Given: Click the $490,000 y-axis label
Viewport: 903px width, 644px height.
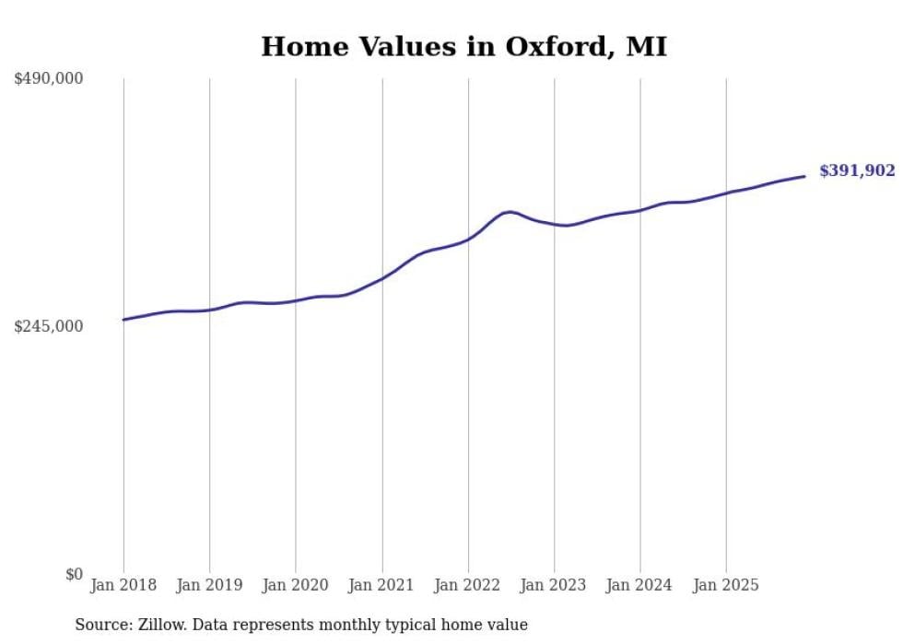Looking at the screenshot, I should click(48, 79).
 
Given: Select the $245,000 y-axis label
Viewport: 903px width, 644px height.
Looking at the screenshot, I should click(48, 326).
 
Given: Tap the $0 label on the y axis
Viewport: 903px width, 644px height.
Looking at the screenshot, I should click(74, 575).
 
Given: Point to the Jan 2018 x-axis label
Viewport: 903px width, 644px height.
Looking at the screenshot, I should click(123, 585).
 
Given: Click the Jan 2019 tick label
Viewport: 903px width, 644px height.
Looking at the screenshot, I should click(209, 585).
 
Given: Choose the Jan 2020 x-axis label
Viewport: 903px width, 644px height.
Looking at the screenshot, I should click(296, 585).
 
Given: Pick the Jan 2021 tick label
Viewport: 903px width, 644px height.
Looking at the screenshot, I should click(381, 585).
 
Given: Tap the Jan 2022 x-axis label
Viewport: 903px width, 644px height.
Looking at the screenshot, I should click(468, 585).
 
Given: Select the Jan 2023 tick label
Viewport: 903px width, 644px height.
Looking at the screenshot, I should click(554, 585).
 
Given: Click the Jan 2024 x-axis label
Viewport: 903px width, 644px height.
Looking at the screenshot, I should click(640, 585).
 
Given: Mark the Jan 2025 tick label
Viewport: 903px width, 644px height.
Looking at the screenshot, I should click(726, 585).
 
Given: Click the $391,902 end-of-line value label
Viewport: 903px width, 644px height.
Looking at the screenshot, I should click(857, 170).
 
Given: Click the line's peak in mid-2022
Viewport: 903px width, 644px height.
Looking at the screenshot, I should click(510, 212).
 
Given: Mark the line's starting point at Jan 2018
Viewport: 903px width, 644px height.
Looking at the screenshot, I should click(123, 320).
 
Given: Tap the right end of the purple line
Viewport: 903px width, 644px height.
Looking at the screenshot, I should click(804, 176).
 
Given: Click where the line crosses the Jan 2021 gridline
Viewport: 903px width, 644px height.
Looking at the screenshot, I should click(381, 277).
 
